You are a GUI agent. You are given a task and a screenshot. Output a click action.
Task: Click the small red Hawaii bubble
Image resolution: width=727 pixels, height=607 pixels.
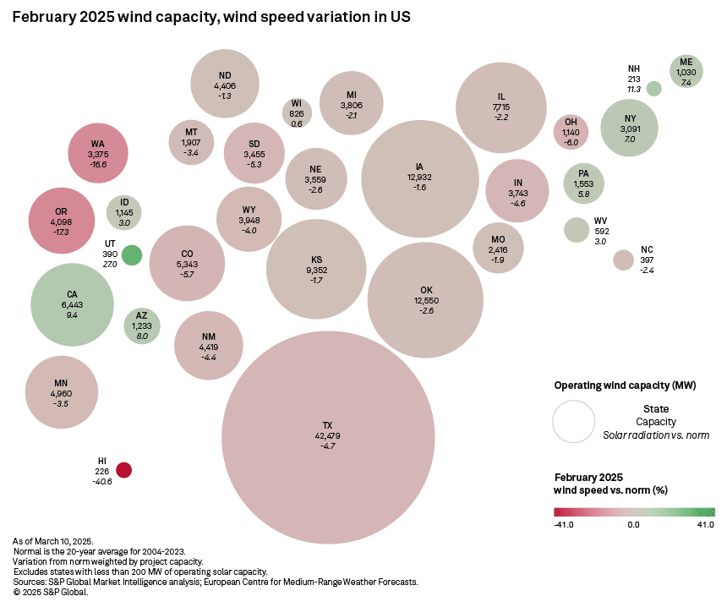coord(124,470)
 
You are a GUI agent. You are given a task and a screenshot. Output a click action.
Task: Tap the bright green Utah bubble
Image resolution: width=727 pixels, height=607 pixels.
coord(131,254)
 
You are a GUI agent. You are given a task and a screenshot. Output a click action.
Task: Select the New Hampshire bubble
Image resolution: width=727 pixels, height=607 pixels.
coord(653,88)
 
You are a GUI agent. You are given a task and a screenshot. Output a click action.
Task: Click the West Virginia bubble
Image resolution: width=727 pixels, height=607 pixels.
coord(576,230)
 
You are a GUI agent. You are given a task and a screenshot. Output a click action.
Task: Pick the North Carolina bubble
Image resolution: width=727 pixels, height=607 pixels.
coord(623,260)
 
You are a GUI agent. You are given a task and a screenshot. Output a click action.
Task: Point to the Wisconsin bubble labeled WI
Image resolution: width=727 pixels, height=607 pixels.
coord(297,112)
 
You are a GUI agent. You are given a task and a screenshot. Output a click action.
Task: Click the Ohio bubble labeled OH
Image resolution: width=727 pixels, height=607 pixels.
coord(571,132)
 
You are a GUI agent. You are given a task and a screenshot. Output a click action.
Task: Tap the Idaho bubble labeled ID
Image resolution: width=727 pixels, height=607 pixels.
coord(124,212)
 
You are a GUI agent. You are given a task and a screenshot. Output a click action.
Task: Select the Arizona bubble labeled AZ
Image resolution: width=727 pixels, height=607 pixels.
coord(141,325)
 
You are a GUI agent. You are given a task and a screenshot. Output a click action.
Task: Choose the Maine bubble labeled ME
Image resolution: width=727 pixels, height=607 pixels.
coord(686,72)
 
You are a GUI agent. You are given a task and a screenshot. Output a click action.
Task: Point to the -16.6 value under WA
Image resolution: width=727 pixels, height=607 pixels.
coord(98,165)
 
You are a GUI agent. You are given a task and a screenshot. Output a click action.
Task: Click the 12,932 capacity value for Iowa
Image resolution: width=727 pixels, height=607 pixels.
coord(419,177)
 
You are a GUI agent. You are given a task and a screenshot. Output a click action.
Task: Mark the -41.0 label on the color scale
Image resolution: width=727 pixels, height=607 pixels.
coord(564,525)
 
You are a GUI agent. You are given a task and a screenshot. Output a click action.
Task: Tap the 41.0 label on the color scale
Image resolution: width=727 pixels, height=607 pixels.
coord(705,525)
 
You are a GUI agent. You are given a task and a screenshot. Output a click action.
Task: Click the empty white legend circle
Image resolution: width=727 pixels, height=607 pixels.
coord(574,421)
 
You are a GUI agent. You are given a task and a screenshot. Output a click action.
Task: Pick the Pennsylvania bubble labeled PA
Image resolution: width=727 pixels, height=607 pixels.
coord(582,183)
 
